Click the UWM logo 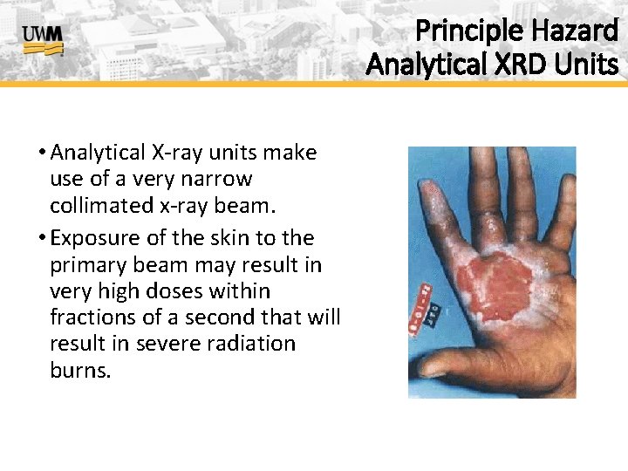[x=43, y=39]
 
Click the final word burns [x=80, y=371]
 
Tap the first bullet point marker [x=41, y=154]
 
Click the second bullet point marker [x=41, y=238]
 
